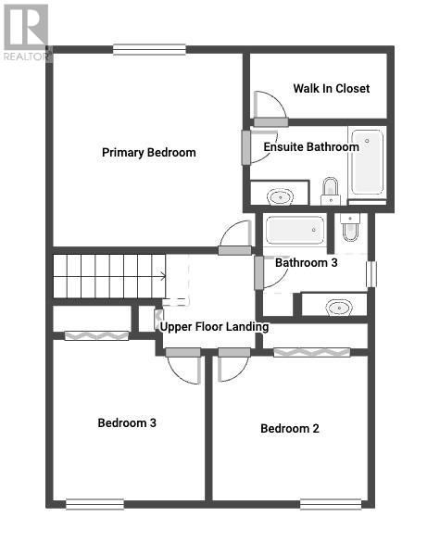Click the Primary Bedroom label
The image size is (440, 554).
(x=149, y=153)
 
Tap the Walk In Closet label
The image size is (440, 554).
(x=332, y=88)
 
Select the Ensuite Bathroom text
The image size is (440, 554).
(x=311, y=147)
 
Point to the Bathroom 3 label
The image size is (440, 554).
(x=307, y=263)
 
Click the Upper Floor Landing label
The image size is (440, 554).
(x=214, y=327)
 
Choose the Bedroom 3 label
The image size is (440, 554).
(x=127, y=423)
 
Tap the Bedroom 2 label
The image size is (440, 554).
(x=290, y=429)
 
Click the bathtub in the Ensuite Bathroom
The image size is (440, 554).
(x=368, y=162)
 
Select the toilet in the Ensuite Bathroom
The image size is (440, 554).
(x=331, y=191)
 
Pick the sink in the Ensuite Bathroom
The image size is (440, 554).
(x=281, y=196)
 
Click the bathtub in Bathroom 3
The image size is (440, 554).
(x=295, y=230)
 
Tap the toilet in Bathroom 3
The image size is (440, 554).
(x=350, y=227)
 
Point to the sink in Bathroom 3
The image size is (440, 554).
(x=339, y=308)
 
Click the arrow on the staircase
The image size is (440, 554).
(x=162, y=276)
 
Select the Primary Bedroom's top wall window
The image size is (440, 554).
(x=149, y=49)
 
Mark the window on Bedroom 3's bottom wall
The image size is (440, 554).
(x=95, y=504)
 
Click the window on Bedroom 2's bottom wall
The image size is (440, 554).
(x=331, y=504)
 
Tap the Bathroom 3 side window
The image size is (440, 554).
(x=371, y=274)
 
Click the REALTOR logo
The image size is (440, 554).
(x=26, y=32)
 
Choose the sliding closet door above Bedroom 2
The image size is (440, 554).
(x=312, y=352)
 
